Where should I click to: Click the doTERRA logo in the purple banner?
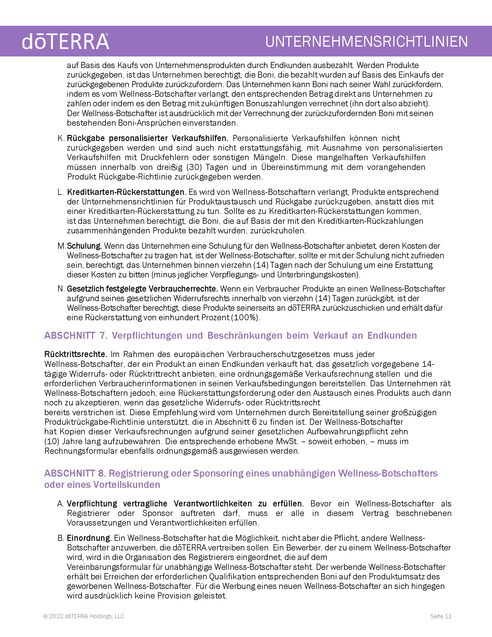point(66,41)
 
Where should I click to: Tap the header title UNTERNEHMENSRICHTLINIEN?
point(366,41)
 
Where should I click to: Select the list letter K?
point(60,138)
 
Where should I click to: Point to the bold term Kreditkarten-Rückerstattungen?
point(126,192)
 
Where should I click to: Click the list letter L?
point(60,192)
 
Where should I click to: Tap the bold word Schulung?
point(84,246)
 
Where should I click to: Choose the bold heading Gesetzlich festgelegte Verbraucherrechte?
point(142,289)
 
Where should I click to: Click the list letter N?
point(60,289)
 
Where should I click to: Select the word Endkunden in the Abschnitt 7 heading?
point(392,335)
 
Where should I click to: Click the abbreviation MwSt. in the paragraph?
point(287,441)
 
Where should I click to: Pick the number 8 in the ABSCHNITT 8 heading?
point(101,473)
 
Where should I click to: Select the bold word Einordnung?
point(89,538)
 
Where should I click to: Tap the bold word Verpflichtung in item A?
point(92,504)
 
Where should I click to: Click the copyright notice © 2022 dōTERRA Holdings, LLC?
point(84,616)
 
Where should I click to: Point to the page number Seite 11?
point(441,616)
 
